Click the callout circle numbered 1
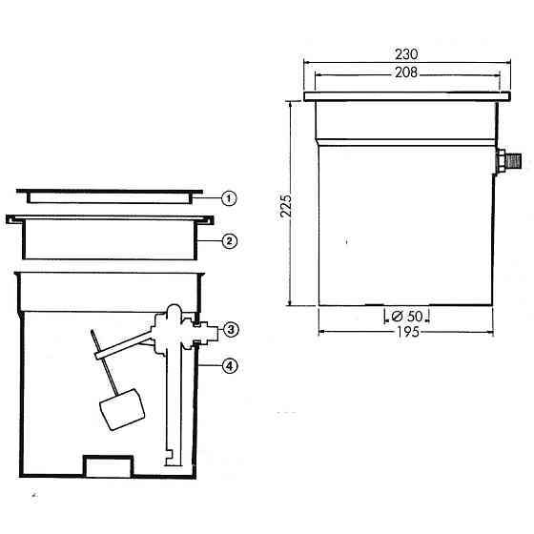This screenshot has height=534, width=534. [229, 198]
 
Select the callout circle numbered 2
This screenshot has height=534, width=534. [230, 241]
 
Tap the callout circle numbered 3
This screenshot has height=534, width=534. [231, 330]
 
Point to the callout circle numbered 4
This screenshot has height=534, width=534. [230, 366]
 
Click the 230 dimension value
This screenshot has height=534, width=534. [406, 54]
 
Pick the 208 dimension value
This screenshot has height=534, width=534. [406, 72]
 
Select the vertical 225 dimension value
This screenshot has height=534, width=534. [286, 206]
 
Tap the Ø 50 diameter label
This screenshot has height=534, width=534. [407, 317]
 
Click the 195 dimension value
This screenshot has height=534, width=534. [408, 332]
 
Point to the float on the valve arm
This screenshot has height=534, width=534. [122, 409]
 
